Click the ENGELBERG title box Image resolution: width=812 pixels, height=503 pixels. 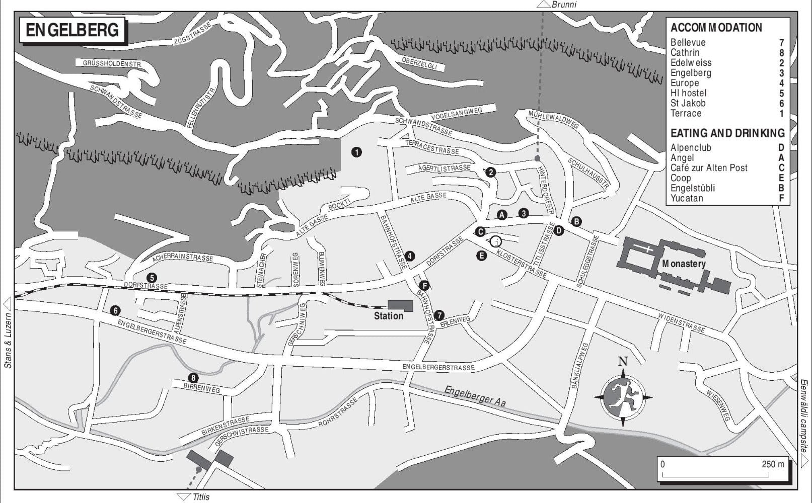pos(72,31)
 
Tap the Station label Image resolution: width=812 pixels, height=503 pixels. pos(388,316)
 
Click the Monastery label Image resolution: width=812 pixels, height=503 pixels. pos(684,264)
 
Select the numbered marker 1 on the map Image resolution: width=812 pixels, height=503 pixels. pos(356,152)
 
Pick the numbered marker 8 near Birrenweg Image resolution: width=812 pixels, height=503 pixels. pos(192,378)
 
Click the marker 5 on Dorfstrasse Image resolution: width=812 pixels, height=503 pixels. pos(151,277)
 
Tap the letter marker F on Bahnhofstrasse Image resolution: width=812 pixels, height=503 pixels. pos(424,286)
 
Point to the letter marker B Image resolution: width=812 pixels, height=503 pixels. pos(576,221)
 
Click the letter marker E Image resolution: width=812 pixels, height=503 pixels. pos(482,256)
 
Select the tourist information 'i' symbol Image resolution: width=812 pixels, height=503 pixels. pos(496,241)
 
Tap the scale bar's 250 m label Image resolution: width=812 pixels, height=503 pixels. pos(773,464)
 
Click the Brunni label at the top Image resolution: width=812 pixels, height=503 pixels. pos(563,5)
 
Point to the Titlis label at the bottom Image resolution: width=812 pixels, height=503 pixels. pos(201,497)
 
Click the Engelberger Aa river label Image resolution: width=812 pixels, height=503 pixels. pos(475,396)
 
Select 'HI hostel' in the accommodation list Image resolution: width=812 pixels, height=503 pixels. pos(688,93)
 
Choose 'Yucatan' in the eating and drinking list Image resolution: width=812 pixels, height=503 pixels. pos(687,198)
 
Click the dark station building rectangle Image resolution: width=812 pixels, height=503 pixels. pos(400,306)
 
